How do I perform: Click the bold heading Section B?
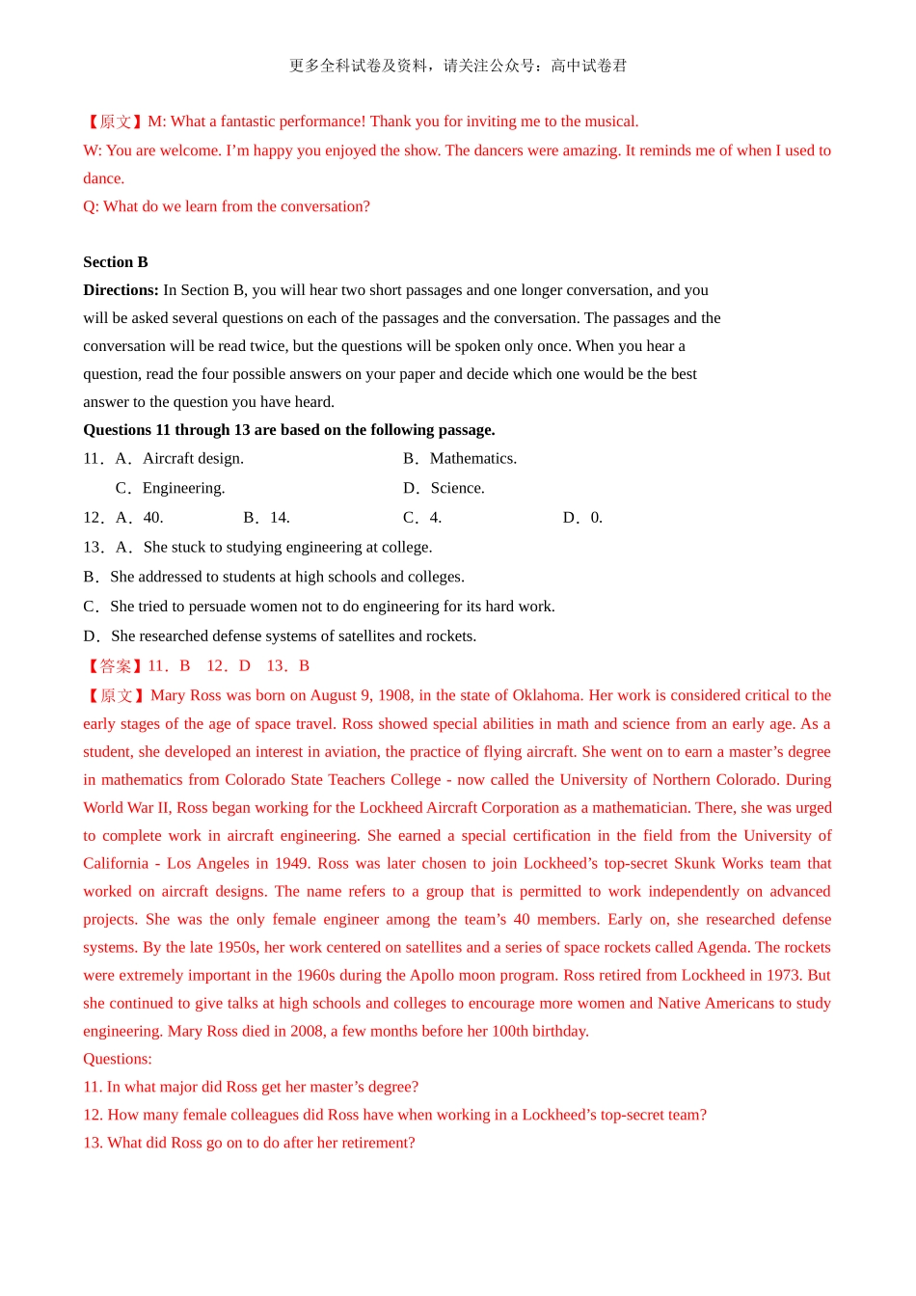116,262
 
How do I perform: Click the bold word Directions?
121,290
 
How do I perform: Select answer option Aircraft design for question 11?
193,458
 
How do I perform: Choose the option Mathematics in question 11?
472,458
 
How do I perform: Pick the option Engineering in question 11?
183,488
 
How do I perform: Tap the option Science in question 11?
457,488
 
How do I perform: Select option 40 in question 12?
153,518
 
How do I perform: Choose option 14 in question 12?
280,518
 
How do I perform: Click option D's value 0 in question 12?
596,518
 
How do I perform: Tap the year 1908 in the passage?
393,695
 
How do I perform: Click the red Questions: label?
118,1059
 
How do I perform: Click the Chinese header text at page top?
458,66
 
